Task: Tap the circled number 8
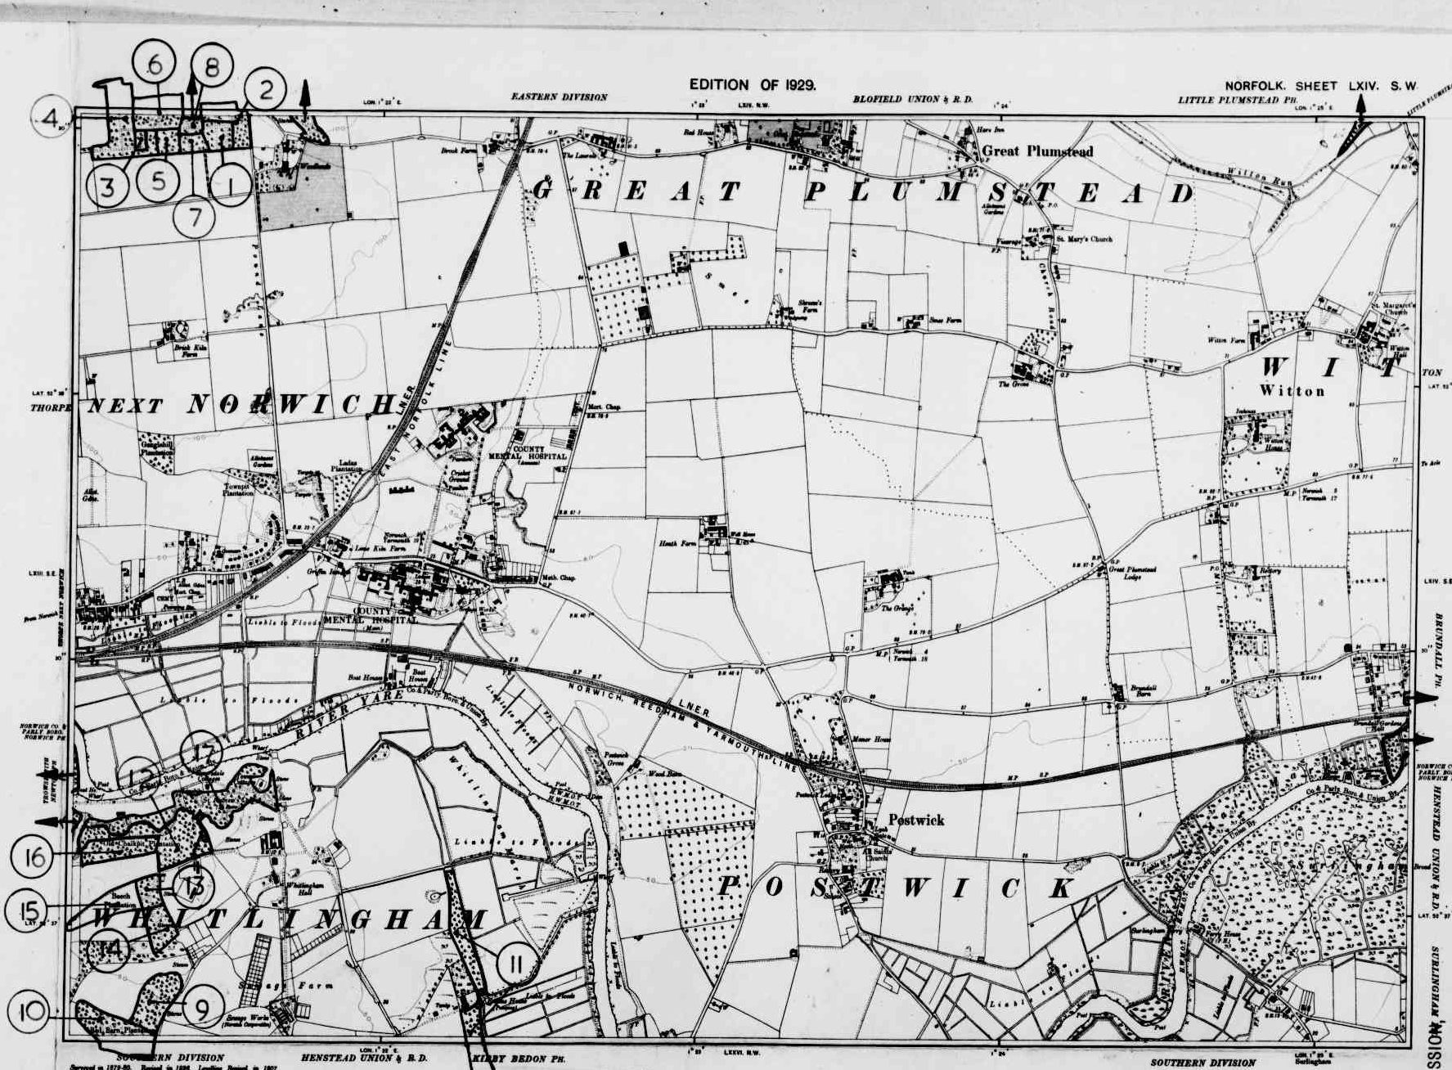coord(211,68)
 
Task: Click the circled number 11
coord(515,964)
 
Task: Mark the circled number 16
coord(33,857)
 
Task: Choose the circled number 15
coord(27,908)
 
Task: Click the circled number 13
coord(194,885)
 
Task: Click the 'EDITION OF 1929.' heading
coord(753,84)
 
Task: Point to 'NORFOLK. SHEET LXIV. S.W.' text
coord(1320,86)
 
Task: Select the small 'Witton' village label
coord(1292,391)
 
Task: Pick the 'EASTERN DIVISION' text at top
coord(560,97)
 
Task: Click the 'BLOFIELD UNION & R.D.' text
coord(912,99)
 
